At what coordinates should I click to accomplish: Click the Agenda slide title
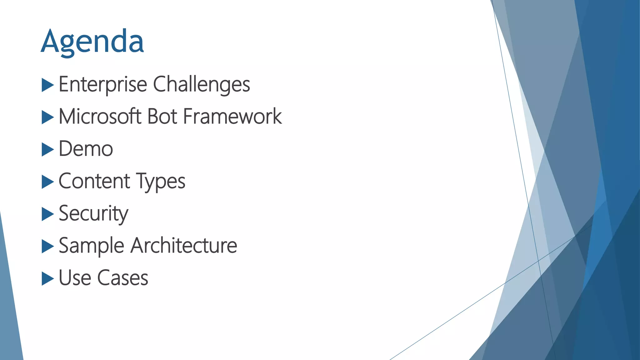(92, 42)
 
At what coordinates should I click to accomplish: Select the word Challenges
(202, 84)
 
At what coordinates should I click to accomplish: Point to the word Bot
(162, 117)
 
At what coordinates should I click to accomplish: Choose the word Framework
(232, 117)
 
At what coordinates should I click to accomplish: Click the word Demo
(86, 149)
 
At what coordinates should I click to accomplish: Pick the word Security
(93, 214)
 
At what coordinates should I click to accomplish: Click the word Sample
(92, 246)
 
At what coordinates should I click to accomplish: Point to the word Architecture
(184, 245)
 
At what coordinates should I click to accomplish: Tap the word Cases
(122, 278)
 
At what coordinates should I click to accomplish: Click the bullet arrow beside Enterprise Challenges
(47, 85)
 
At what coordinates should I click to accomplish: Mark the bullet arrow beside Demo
(47, 150)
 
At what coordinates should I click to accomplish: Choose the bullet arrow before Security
(47, 214)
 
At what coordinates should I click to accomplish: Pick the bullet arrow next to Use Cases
(47, 279)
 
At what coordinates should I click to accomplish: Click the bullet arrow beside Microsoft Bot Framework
(47, 117)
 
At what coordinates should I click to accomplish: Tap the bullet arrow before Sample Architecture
(47, 247)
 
